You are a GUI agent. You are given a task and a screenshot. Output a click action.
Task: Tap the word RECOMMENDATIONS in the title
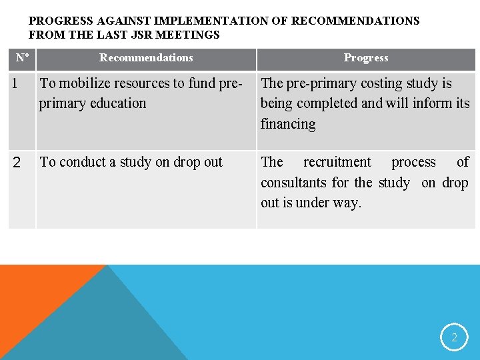(363, 21)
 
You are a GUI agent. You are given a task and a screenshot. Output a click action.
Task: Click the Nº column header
(22, 58)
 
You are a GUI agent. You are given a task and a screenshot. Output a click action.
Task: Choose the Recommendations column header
(146, 58)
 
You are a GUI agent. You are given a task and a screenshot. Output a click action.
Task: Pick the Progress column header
(366, 58)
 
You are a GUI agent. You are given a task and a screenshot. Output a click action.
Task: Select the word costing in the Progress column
(366, 84)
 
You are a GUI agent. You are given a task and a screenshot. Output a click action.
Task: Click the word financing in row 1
(288, 124)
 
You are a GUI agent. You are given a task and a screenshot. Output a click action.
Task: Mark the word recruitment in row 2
(337, 163)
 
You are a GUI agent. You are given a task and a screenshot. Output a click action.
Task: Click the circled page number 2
(454, 337)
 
